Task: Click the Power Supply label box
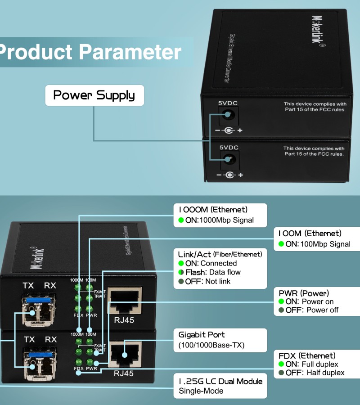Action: (x=94, y=95)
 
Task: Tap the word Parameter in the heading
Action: (x=130, y=52)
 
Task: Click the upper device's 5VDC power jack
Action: (x=228, y=116)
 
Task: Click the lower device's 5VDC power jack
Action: (x=229, y=159)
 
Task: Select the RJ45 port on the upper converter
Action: (x=124, y=301)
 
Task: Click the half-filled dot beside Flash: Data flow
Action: (x=181, y=272)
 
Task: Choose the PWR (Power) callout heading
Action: (x=304, y=293)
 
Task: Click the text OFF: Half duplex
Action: (x=315, y=373)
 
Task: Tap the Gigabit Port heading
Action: (x=202, y=335)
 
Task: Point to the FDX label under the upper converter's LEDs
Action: (x=79, y=315)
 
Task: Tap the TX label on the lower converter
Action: (x=29, y=339)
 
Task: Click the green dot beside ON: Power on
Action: (x=281, y=301)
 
